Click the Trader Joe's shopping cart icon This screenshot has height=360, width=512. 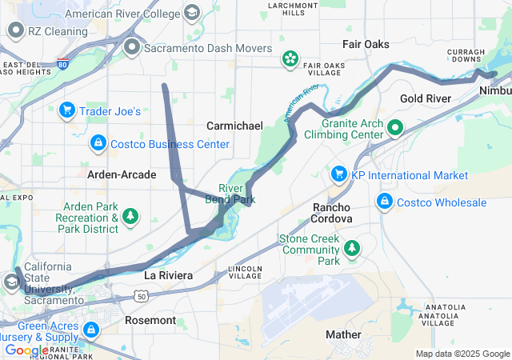67,110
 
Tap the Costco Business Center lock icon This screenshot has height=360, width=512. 98,143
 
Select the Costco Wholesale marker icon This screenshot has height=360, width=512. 385,201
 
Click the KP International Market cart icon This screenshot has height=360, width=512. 338,174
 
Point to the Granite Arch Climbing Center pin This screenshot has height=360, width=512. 394,128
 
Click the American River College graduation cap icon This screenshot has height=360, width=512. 192,14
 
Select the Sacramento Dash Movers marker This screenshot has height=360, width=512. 133,48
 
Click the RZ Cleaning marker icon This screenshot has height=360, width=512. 16,31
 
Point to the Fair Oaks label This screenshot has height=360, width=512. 366,44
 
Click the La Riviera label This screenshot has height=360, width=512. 168,275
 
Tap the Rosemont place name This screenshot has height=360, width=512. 150,320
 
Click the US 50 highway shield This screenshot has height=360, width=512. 142,297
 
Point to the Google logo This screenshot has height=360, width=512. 26,350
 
